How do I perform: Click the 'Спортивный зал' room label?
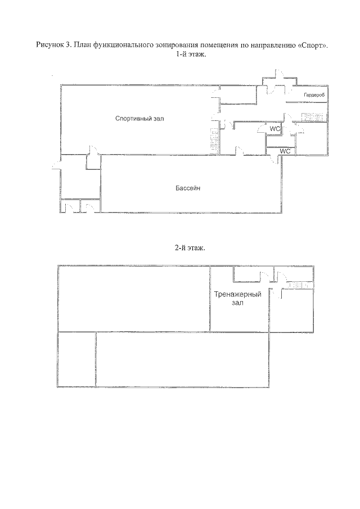[x=139, y=119]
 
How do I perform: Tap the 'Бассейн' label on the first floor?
[x=188, y=188]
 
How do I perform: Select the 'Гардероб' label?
[x=314, y=95]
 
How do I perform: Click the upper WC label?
[x=274, y=129]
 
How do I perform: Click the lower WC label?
[x=285, y=151]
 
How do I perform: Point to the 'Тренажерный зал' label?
[x=237, y=299]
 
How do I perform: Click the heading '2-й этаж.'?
[x=190, y=248]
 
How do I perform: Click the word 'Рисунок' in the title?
[x=50, y=45]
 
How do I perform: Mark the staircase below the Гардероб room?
[x=313, y=116]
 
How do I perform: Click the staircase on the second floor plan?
[x=301, y=285]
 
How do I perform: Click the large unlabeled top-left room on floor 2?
[x=134, y=299]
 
